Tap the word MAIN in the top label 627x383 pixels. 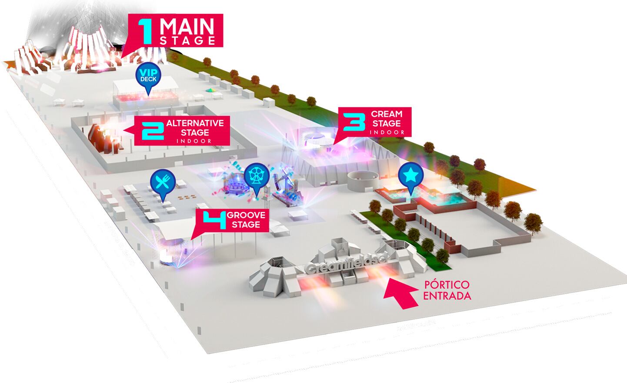click(x=187, y=27)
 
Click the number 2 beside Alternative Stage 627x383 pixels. click(x=153, y=130)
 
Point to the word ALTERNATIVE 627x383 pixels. click(x=195, y=123)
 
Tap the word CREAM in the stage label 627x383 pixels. click(x=387, y=114)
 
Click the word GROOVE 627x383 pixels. click(x=247, y=215)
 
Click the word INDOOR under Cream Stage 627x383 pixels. click(x=388, y=132)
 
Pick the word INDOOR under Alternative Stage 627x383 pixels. click(x=194, y=141)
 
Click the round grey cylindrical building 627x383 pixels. click(x=360, y=181)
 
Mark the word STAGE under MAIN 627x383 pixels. click(x=187, y=41)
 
